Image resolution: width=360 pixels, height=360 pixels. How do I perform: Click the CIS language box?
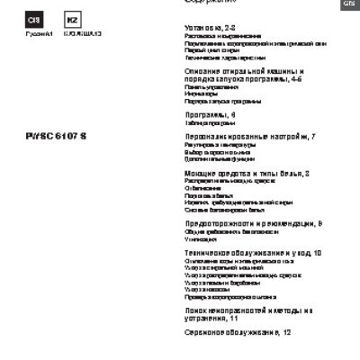tap(31, 20)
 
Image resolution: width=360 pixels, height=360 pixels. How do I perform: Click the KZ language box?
tap(73, 20)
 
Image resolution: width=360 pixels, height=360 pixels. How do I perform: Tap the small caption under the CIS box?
tap(31, 33)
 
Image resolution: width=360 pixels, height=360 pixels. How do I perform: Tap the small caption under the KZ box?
tap(77, 33)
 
